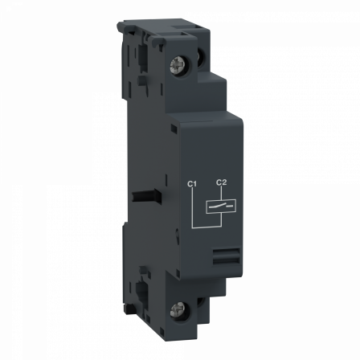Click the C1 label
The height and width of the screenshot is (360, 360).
(191, 186)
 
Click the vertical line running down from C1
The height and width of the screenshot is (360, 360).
(192, 207)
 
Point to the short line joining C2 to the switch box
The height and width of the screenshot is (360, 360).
(223, 194)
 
